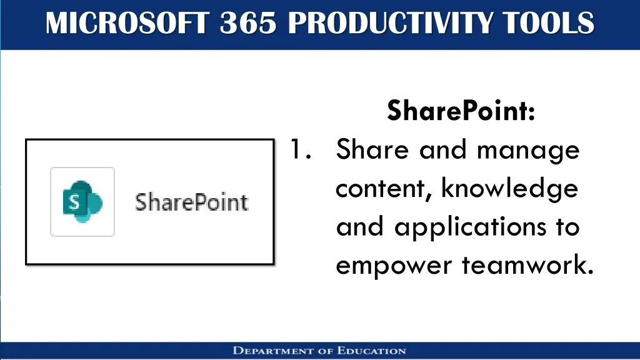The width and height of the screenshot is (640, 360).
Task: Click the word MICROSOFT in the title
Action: pos(127,23)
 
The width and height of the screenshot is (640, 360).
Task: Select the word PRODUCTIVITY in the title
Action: pos(390,23)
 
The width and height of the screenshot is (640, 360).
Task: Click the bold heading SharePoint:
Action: pos(461,110)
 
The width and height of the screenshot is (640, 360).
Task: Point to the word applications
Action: pos(470,227)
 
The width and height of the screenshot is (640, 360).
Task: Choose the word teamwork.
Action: pos(527,265)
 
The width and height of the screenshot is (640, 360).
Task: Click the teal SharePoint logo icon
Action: pos(82,202)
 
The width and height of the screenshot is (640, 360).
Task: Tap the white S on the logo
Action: pos(74,202)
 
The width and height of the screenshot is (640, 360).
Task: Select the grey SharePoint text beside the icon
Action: pos(192,202)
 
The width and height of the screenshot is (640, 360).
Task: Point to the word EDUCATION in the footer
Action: pos(371,351)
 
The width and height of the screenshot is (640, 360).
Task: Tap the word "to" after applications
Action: pos(567,227)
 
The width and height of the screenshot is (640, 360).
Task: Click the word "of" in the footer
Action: pos(325,351)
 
